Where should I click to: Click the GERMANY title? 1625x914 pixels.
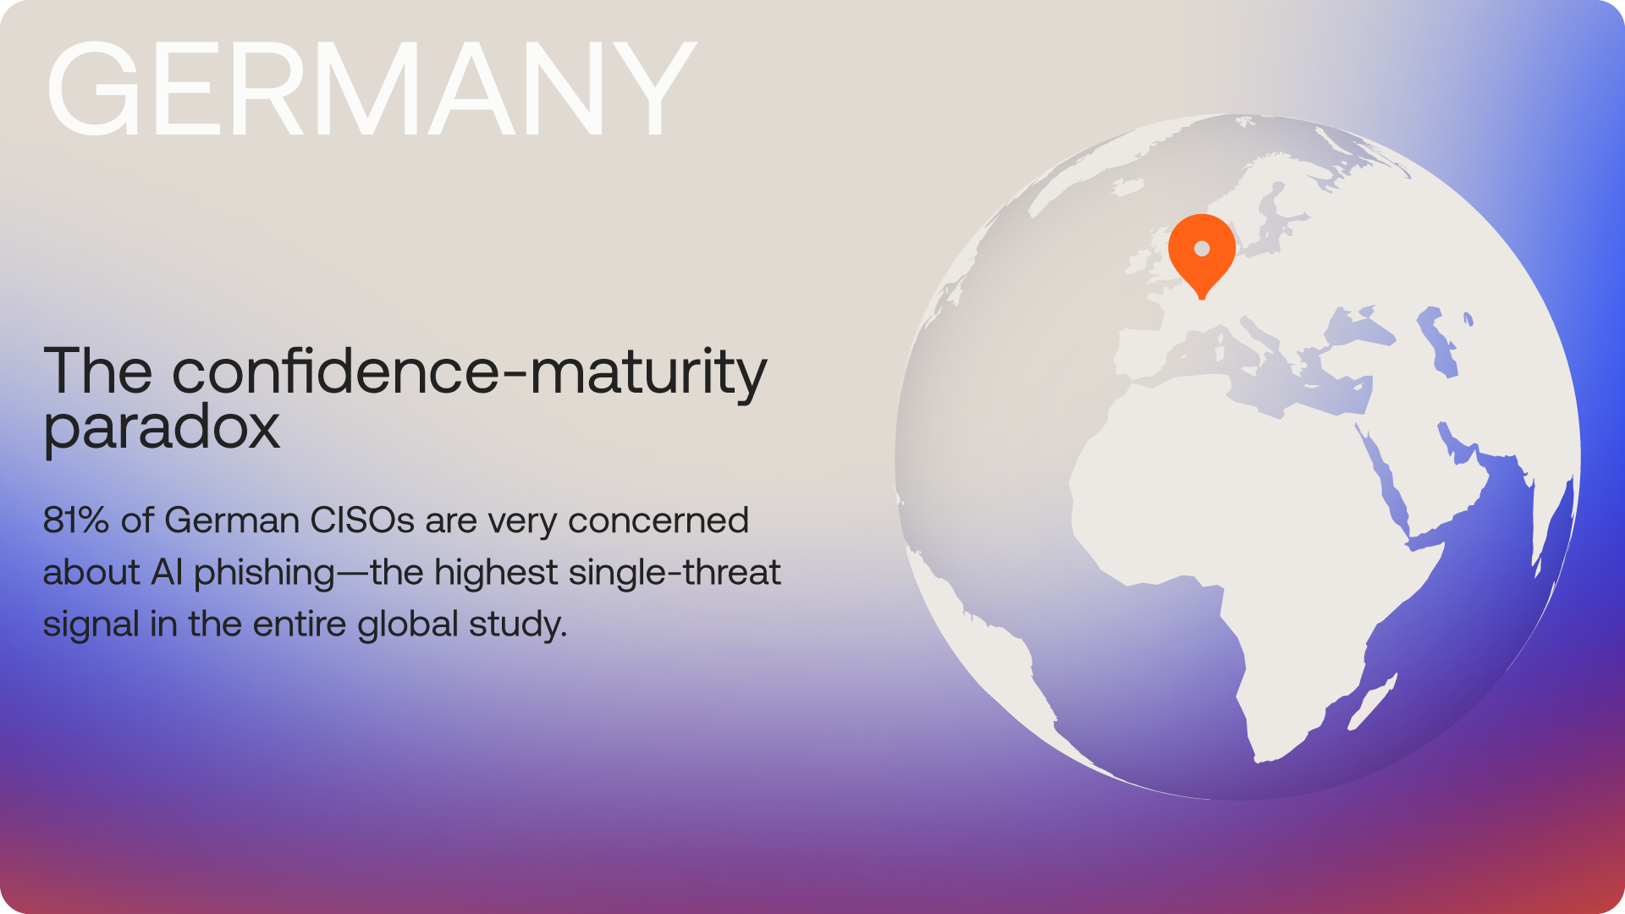(371, 88)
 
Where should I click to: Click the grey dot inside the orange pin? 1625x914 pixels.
(1202, 249)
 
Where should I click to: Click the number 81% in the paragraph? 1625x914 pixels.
(75, 520)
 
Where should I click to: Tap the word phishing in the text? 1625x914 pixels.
(265, 574)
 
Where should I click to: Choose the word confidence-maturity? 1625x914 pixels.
(470, 372)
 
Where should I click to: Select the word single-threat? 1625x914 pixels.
(675, 573)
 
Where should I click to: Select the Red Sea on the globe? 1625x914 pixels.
(1383, 482)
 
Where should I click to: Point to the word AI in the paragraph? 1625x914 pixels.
(167, 573)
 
